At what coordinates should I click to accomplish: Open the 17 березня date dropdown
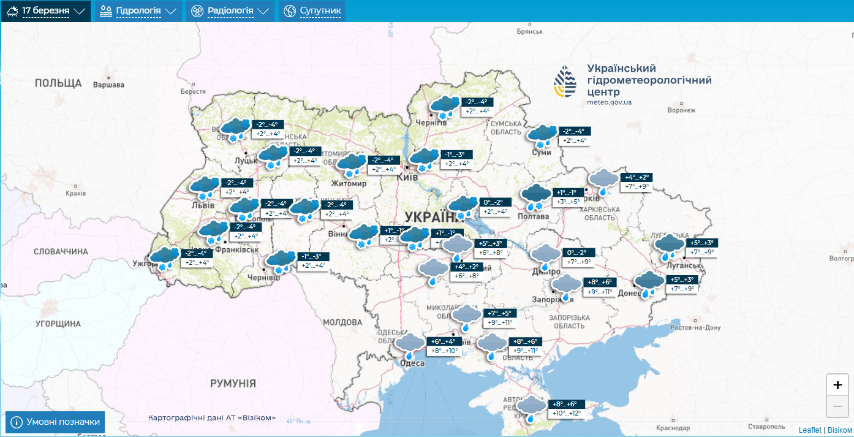[46, 11]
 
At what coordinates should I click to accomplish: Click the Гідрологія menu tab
[138, 11]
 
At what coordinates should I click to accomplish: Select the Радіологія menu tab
[230, 11]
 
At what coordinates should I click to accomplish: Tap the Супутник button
[312, 11]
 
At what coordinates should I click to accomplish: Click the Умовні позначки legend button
[55, 422]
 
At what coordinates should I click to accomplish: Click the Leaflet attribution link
[810, 430]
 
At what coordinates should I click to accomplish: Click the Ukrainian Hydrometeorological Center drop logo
[565, 82]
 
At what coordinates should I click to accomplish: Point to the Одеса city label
[412, 363]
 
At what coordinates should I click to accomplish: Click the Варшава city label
[108, 85]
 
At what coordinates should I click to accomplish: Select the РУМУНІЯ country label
[233, 384]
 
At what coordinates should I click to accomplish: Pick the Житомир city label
[348, 184]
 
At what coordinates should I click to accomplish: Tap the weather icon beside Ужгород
[164, 258]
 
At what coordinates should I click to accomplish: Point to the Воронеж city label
[682, 110]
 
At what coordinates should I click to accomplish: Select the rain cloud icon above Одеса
[409, 346]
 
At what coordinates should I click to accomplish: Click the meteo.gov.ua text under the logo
[609, 102]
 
